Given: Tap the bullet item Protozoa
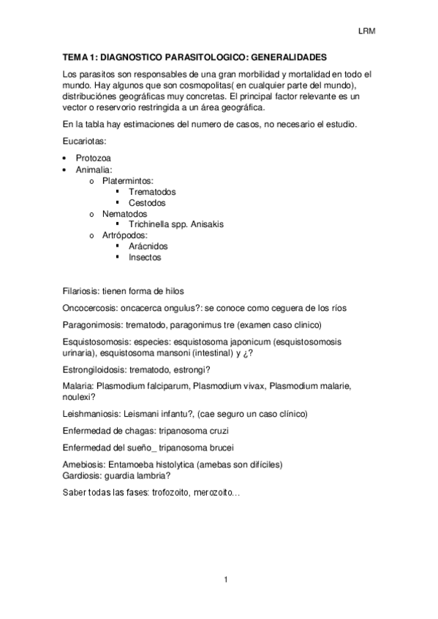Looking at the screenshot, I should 93,158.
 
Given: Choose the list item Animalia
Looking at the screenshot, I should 94,169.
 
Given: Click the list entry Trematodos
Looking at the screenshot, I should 151,192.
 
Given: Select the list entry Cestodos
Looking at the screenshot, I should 147,203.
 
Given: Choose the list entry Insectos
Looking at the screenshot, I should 145,258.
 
